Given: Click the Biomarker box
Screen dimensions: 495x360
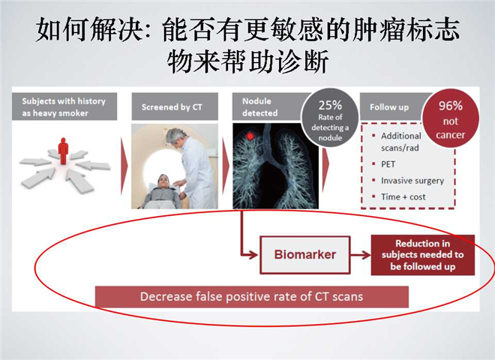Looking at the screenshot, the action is [x=305, y=254].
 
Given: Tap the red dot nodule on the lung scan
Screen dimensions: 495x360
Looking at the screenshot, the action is [x=250, y=136].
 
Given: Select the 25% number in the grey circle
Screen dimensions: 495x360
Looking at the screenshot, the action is [x=330, y=105].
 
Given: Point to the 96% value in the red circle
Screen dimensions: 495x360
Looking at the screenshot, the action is [x=451, y=106].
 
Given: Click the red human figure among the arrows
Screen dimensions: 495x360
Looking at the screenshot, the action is [x=63, y=151].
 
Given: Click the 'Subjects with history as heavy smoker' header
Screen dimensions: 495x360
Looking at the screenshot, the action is [x=64, y=106].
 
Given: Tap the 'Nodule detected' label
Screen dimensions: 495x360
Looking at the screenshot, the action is [x=259, y=107].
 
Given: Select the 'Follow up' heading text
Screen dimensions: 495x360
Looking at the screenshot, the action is [x=389, y=107].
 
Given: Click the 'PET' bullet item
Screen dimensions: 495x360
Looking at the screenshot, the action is [x=388, y=164].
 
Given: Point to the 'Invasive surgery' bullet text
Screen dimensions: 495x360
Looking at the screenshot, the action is [x=412, y=181].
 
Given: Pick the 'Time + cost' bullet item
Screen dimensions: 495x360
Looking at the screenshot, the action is [x=403, y=196].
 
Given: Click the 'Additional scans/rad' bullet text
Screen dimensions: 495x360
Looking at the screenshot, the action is [x=401, y=142].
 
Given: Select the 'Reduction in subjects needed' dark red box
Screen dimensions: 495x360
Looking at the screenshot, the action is [x=423, y=255].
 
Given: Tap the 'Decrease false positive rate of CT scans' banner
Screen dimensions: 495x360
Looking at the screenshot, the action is [x=251, y=296].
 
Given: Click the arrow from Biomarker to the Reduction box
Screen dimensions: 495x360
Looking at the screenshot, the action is [x=361, y=255].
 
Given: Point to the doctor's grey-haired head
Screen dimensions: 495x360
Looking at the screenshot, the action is [x=175, y=136].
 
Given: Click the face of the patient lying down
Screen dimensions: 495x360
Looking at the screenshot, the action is [x=163, y=181].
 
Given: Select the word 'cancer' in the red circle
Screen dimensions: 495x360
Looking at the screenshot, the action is [x=451, y=135].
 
